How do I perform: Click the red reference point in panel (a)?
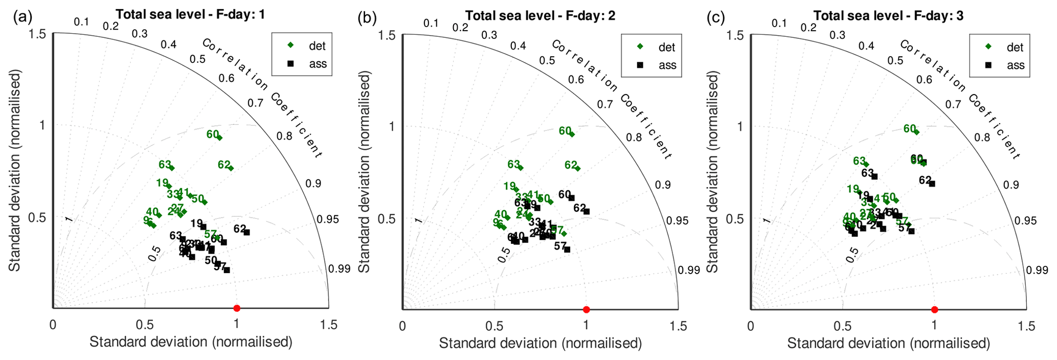tap(236, 308)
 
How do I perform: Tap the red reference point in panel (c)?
tap(934, 309)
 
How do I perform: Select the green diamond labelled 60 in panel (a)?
tap(219, 137)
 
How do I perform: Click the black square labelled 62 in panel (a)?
tap(246, 232)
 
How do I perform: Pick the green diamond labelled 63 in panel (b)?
tap(521, 167)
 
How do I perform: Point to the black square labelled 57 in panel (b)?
tap(567, 250)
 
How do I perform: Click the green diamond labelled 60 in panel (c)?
tap(916, 132)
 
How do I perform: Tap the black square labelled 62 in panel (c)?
tap(932, 184)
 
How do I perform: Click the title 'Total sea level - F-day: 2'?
tap(540, 16)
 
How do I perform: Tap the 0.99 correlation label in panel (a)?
tap(340, 269)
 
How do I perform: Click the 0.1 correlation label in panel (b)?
tap(431, 23)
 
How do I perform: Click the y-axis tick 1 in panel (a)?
tap(43, 125)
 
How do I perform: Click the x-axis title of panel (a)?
tap(191, 342)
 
